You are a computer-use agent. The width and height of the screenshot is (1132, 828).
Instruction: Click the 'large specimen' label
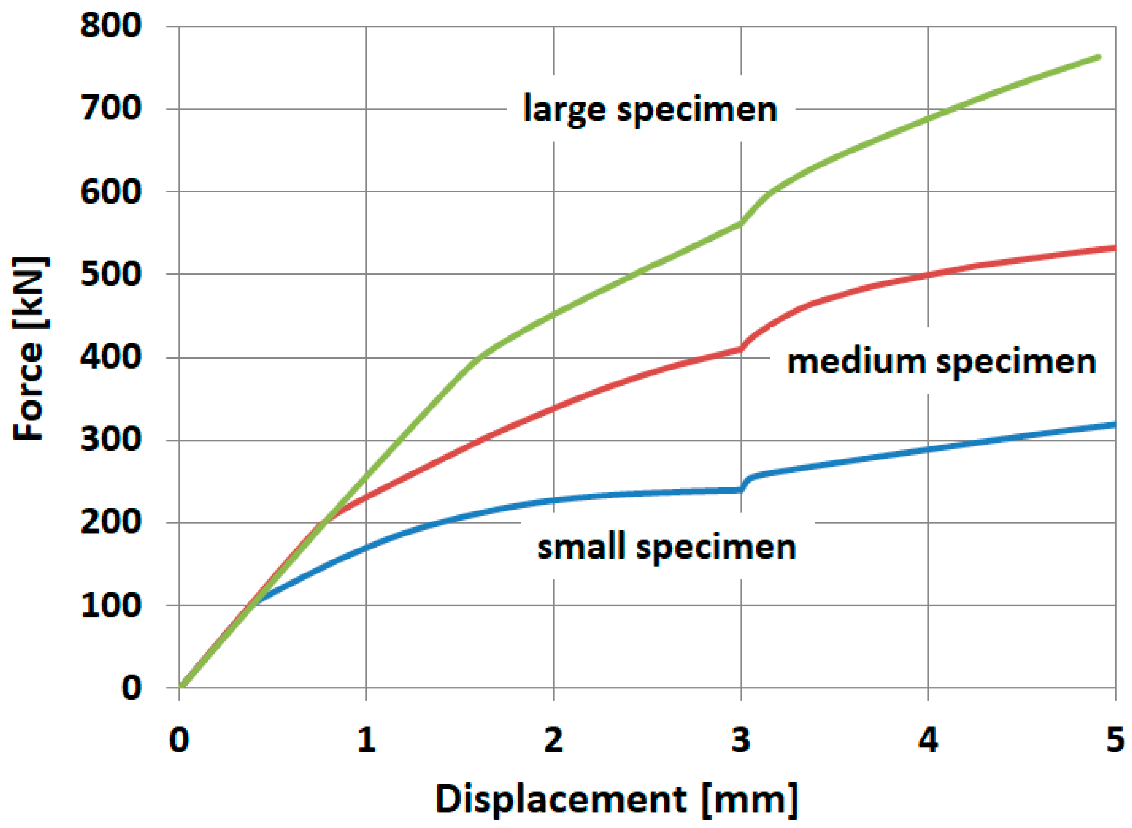(650, 109)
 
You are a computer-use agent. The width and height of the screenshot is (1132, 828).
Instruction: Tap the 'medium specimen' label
(941, 362)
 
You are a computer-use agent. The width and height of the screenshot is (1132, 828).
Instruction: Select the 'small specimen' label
(666, 547)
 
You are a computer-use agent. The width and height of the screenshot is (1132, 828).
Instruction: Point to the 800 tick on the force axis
(111, 26)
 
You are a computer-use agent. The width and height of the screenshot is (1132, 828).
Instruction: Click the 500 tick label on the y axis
(111, 275)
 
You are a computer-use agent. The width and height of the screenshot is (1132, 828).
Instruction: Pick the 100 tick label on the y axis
(111, 605)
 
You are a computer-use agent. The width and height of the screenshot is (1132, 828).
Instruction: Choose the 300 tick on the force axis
(111, 440)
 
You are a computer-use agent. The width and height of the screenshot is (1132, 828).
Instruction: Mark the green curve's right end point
(1099, 57)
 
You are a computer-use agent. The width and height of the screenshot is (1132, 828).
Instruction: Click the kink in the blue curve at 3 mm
(742, 490)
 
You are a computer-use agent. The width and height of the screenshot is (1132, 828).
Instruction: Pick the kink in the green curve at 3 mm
(742, 223)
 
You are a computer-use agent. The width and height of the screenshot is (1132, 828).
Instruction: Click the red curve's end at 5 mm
(1115, 248)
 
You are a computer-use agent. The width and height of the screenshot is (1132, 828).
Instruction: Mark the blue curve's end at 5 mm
(1115, 425)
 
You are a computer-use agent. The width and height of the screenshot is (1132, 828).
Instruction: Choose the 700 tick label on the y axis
(111, 109)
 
